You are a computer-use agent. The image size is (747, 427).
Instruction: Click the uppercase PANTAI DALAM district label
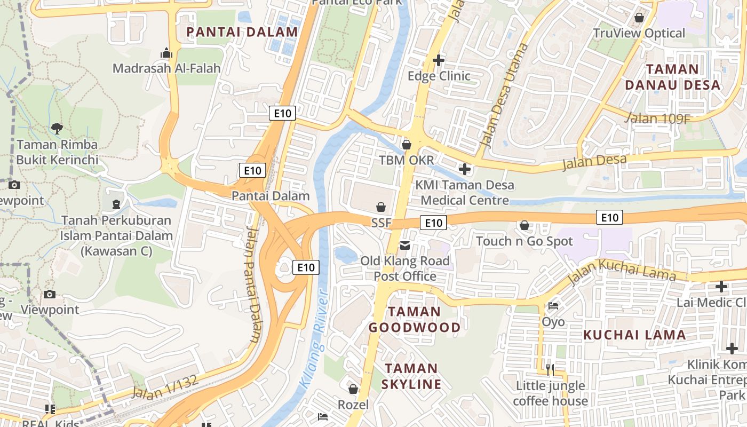coord(242,32)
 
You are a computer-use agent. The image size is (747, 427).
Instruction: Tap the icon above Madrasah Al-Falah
coord(166,53)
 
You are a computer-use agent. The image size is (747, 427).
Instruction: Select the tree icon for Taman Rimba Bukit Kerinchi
coord(57,129)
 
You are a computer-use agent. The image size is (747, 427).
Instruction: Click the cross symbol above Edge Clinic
coord(439,60)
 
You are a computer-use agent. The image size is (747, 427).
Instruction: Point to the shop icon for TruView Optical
coord(639,18)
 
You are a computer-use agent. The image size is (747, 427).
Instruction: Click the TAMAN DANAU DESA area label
coord(672,77)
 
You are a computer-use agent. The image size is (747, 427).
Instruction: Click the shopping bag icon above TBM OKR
coord(407,145)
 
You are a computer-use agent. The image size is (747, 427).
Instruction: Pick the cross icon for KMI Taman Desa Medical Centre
coord(465,169)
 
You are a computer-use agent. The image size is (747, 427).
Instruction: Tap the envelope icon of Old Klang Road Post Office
coord(405,246)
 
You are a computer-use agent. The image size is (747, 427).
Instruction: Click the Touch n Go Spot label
coord(524,241)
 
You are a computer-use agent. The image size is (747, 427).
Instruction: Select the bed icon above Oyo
coord(553,306)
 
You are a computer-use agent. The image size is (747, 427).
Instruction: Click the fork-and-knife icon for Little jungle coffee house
coord(550,369)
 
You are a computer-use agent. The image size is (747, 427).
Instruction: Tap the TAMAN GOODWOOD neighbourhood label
coord(415,319)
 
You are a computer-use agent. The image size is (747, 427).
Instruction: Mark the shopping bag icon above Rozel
coord(353,389)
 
